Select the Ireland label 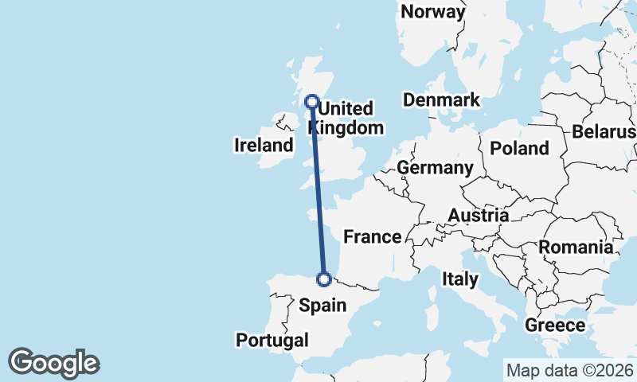(264, 145)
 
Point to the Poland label (519, 148)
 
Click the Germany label (435, 168)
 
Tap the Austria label (478, 215)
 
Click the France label (372, 236)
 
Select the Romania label (576, 247)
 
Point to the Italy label (460, 279)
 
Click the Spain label (322, 304)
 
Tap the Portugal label (272, 340)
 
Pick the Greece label (555, 325)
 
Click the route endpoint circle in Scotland (312, 102)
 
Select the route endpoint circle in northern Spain (324, 279)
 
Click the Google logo (53, 363)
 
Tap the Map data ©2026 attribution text (569, 370)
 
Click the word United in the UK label (346, 108)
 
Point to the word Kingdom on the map (346, 127)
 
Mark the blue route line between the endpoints (318, 191)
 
